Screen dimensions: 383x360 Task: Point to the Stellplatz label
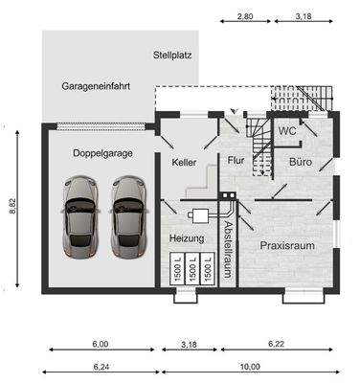172,56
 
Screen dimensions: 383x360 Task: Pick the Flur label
236,162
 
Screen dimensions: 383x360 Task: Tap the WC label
286,130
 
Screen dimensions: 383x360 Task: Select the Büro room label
302,163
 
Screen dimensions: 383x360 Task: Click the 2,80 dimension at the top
245,17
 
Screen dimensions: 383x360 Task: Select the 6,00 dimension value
100,343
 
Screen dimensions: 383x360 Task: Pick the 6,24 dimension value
100,366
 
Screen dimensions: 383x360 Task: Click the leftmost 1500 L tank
176,269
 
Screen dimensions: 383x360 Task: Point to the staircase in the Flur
259,139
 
